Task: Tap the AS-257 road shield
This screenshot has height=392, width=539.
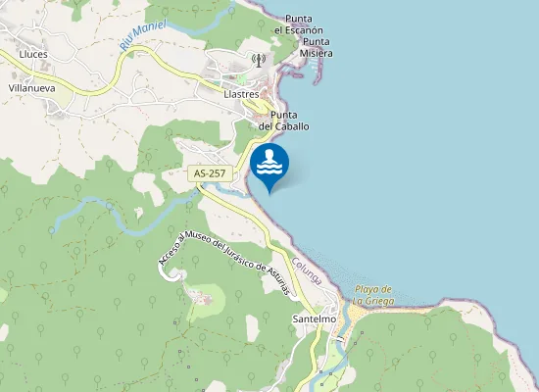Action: pos(210,173)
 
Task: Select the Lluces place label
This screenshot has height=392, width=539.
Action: pos(32,55)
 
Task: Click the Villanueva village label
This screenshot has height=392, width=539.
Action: pos(31,87)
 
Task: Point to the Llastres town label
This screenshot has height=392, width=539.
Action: pos(241,95)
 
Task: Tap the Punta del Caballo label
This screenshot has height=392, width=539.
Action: pos(284,121)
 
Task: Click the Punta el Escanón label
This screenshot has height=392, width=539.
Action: pos(298,24)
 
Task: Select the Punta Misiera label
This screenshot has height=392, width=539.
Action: pos(317,47)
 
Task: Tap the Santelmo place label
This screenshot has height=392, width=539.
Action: pos(315,319)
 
